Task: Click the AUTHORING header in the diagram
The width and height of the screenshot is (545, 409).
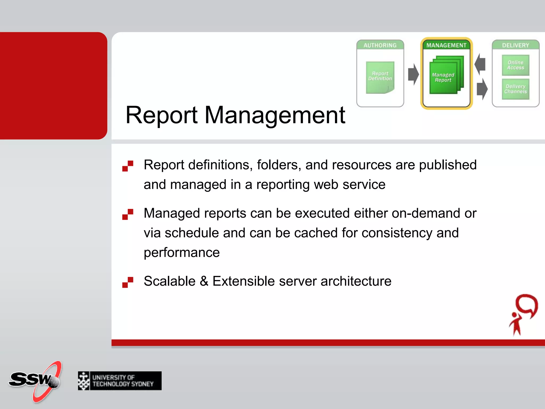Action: (380, 45)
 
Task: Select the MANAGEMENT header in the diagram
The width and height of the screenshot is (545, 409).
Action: (446, 45)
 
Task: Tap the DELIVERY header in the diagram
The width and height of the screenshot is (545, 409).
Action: (515, 45)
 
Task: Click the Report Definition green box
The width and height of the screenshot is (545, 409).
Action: (380, 77)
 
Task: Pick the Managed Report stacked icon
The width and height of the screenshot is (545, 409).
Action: (445, 76)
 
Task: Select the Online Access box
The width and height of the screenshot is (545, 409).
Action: (515, 65)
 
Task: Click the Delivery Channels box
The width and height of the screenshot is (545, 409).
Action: (515, 89)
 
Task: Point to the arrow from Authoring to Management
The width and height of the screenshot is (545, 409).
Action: (413, 74)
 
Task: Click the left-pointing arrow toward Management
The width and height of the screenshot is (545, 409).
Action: (480, 64)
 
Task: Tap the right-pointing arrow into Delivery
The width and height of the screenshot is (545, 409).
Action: (482, 89)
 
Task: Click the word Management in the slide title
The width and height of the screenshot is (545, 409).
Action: (275, 115)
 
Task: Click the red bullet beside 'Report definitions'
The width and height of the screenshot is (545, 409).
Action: (128, 166)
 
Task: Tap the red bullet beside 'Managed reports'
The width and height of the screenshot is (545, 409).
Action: (128, 214)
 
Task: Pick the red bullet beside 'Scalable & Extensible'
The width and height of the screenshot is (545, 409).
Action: (128, 282)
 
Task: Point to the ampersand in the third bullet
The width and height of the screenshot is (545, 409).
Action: (204, 281)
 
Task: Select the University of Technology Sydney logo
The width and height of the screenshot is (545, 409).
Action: (120, 381)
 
